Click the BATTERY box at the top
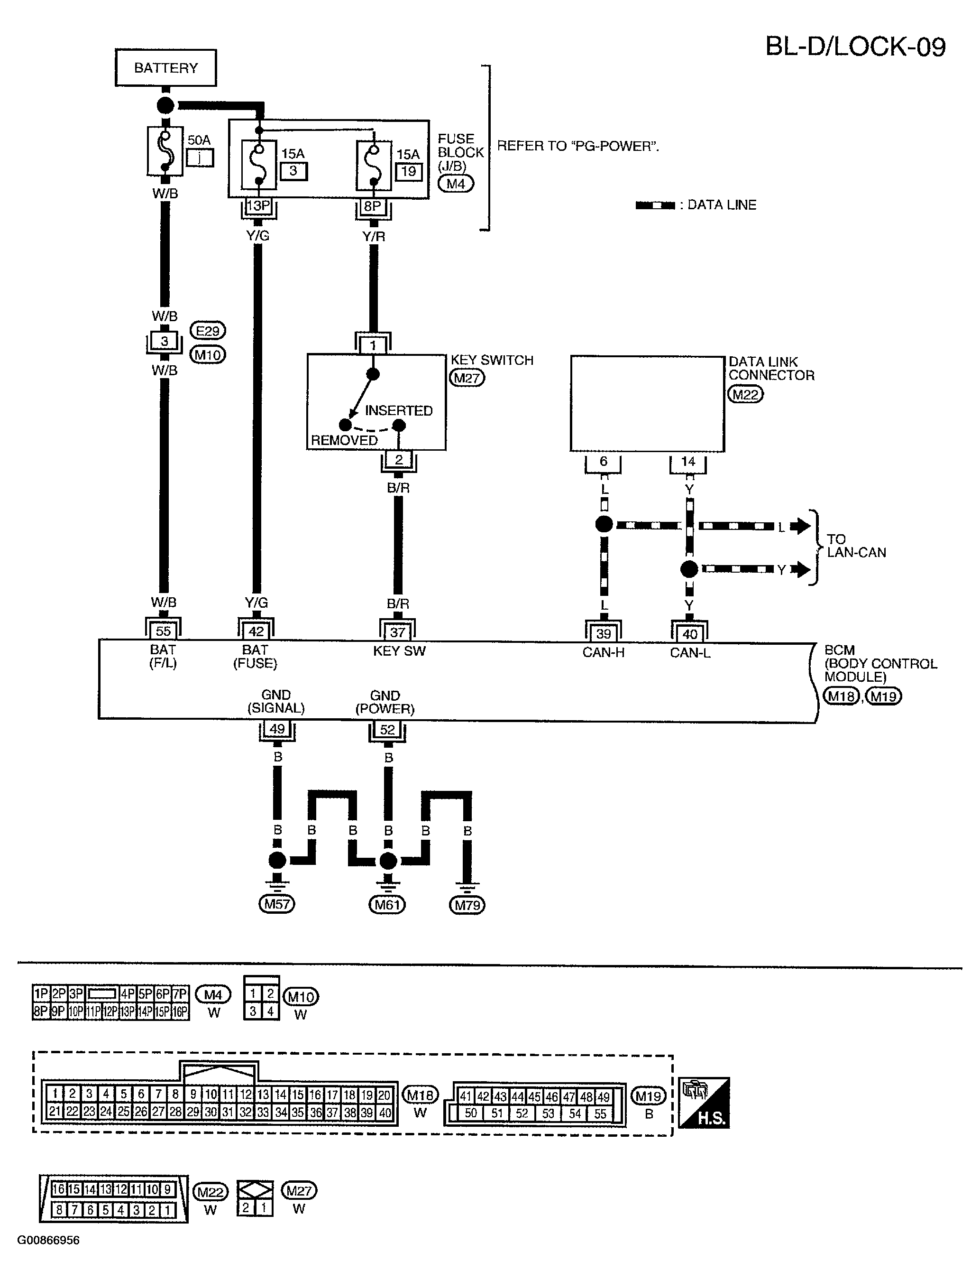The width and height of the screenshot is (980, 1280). (x=165, y=68)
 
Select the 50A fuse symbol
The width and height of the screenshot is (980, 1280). (x=165, y=151)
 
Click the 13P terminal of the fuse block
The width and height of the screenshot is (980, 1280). (x=258, y=206)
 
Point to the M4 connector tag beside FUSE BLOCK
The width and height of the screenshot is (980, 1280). (x=456, y=184)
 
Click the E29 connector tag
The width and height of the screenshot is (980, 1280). (x=208, y=331)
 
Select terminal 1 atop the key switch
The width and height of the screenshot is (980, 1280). (x=373, y=345)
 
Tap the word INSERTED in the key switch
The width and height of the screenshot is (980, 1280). (x=399, y=410)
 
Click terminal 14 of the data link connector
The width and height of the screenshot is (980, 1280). (x=688, y=461)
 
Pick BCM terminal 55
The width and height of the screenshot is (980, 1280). (x=163, y=631)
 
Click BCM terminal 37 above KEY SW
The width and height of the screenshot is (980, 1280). (x=398, y=631)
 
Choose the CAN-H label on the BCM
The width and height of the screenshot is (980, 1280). (x=603, y=652)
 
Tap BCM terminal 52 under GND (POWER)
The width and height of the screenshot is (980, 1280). (x=387, y=729)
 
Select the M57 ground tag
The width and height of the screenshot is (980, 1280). (x=276, y=904)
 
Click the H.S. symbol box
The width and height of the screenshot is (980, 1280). (x=705, y=1103)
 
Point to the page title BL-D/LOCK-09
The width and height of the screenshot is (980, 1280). (x=855, y=46)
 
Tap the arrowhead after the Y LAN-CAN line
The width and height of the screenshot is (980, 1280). (x=803, y=569)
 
